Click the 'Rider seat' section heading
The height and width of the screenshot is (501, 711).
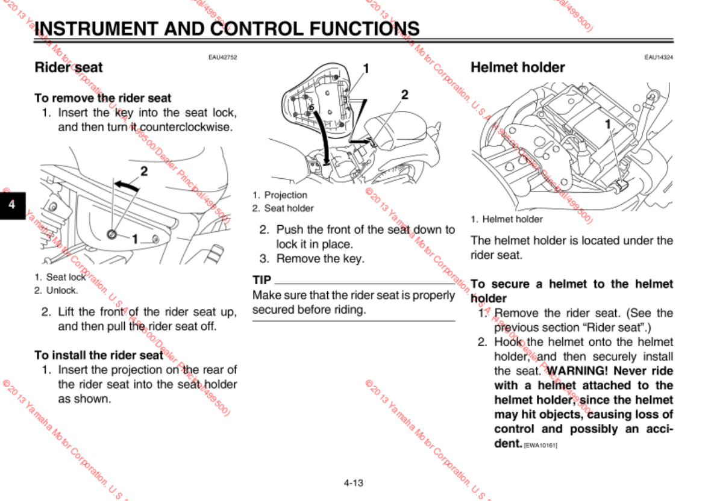pos(69,67)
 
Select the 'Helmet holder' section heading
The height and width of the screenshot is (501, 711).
pos(517,67)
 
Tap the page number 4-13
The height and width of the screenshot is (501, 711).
pos(354,482)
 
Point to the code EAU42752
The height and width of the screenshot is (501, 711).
pos(222,57)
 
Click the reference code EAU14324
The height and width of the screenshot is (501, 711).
pos(658,57)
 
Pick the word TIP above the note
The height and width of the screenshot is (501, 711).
pos(262,280)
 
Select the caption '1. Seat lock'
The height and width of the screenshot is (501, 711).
pos(60,278)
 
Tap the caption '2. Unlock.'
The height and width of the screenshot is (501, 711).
pos(56,290)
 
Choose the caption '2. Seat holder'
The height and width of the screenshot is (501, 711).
pos(283,208)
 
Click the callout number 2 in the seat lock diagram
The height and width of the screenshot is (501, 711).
pos(144,171)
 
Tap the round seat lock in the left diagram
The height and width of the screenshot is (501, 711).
pos(113,234)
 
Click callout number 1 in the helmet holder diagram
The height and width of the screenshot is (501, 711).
pos(608,124)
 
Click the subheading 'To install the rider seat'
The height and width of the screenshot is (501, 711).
pos(99,355)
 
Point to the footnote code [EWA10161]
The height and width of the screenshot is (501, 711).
pos(540,446)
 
